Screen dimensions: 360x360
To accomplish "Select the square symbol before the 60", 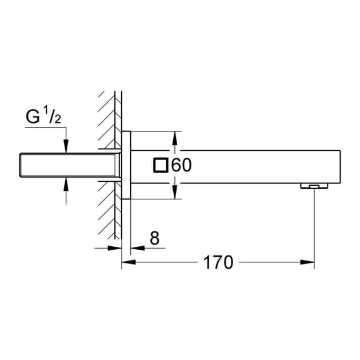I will tap(161, 165).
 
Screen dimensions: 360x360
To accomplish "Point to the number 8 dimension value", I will tap(154, 238).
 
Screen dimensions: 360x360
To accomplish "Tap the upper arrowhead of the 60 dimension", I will tap(176, 137).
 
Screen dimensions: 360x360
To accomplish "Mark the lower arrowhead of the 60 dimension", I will tap(176, 193).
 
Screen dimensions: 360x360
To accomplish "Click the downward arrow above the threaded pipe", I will tap(67, 147).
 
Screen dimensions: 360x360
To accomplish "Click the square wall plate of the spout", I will tap(127, 165).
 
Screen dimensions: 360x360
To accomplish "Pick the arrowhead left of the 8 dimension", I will tap(117, 248).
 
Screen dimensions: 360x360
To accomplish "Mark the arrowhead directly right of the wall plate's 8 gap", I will tap(136, 248).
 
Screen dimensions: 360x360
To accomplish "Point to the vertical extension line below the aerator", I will tap(314, 229).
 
